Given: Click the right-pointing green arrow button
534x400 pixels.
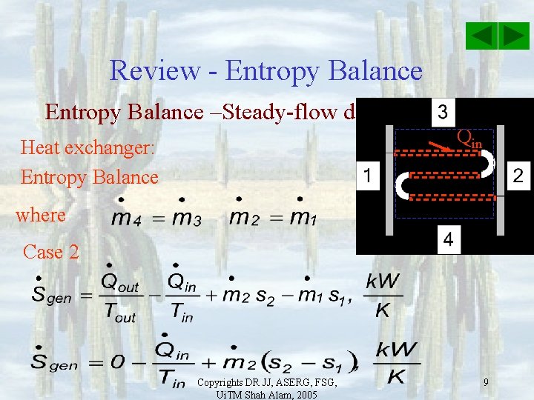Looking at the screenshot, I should (x=513, y=36).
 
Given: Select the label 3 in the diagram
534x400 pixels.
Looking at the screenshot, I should (x=443, y=113).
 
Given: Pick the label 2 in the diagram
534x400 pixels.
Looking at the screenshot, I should (x=518, y=176).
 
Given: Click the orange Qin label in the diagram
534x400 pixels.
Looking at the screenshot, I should (x=469, y=137).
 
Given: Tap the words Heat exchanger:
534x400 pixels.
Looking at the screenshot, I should (x=88, y=147).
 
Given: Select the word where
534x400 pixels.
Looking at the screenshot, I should (x=41, y=215).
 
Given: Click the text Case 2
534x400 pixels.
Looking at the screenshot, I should (x=51, y=252).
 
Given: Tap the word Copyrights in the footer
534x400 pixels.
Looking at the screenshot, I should (x=222, y=381).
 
